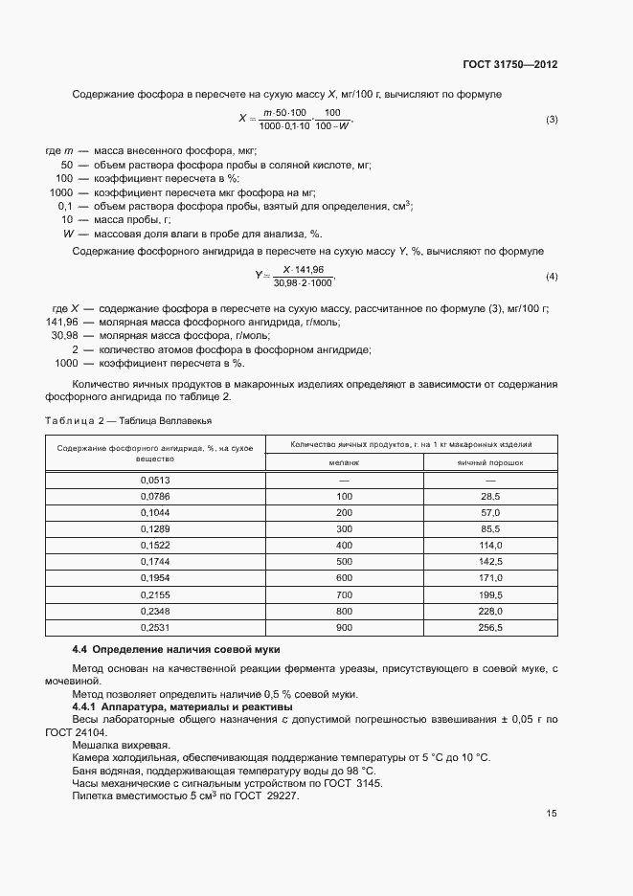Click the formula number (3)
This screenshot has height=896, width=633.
pos(552,120)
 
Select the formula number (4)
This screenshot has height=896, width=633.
pos(552,277)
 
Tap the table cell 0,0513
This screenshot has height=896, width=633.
pos(154,480)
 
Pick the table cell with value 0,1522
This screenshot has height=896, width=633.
pos(154,544)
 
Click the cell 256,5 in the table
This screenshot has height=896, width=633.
pos(491,628)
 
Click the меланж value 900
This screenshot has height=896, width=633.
pos(344,628)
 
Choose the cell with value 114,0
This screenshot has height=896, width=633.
pos(491,544)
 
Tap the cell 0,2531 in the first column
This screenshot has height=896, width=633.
pos(154,628)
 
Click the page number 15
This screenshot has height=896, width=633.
pos(552,814)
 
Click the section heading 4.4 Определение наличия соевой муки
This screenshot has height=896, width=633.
pos(164,650)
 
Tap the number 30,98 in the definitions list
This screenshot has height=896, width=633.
pos(64,336)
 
